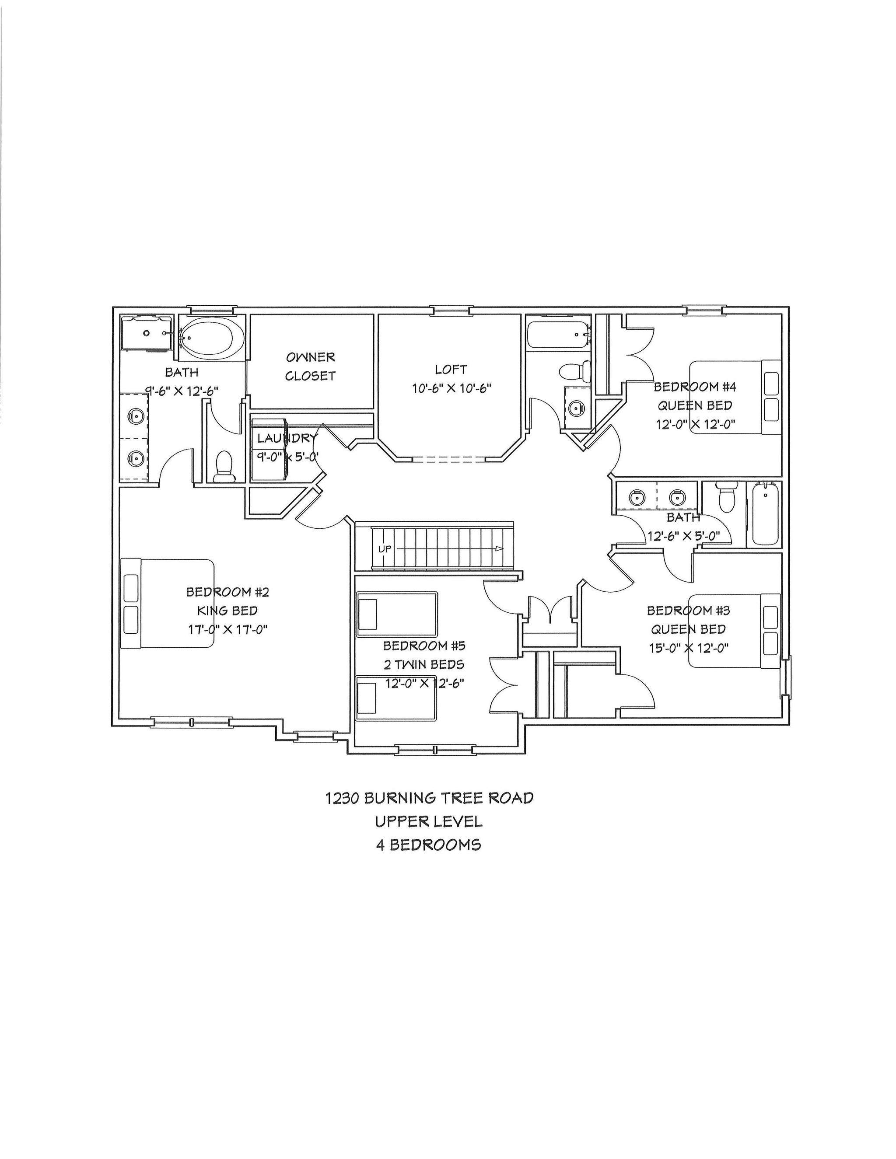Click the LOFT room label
[451, 369]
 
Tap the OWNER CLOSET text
[311, 366]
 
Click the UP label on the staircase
[384, 549]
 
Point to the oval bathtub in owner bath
[212, 336]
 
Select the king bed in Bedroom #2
[168, 603]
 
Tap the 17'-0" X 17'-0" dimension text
[227, 629]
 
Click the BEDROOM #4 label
[695, 386]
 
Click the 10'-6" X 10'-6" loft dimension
[451, 388]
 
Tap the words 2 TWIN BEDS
[424, 664]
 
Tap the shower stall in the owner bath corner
[146, 334]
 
